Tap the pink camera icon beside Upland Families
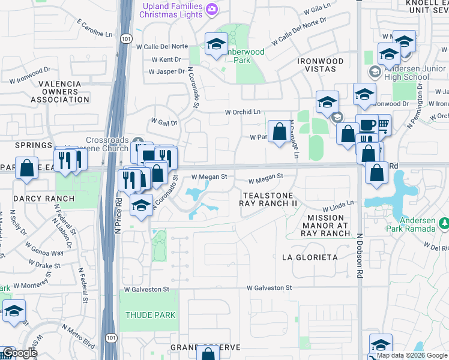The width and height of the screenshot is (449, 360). (211, 9)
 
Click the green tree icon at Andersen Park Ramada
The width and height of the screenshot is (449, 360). (444, 224)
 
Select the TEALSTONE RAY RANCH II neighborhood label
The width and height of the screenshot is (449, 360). (268, 200)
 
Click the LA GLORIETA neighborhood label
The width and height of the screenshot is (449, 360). (310, 257)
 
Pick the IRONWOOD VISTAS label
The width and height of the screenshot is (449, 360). (321, 65)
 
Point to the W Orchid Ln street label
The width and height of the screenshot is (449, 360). (243, 112)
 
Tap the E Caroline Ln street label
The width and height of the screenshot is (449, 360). (94, 27)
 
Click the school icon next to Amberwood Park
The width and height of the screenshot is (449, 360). (215, 43)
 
